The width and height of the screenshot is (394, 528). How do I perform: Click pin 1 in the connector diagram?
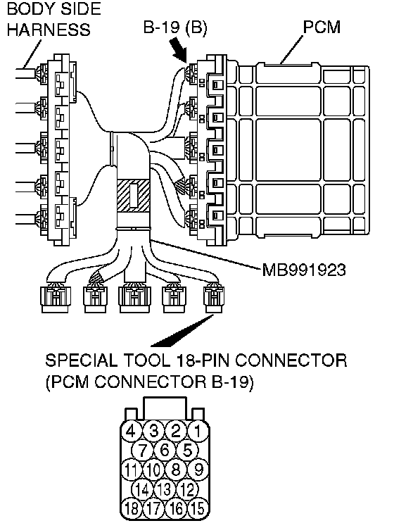click(x=198, y=431)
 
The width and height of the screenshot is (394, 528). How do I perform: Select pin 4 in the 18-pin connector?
click(x=132, y=431)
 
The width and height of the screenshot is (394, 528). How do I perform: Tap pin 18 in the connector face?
click(x=132, y=508)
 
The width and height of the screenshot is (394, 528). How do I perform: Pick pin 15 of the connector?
click(x=198, y=508)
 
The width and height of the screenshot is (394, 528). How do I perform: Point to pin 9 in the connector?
click(x=198, y=470)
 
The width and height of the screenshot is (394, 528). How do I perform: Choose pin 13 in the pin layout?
click(x=165, y=489)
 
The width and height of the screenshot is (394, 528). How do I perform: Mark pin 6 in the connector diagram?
click(x=165, y=451)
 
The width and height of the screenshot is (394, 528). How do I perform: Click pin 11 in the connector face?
click(x=132, y=470)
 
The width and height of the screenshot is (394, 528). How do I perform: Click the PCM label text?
click(x=322, y=27)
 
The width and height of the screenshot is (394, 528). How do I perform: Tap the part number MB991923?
click(x=304, y=270)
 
